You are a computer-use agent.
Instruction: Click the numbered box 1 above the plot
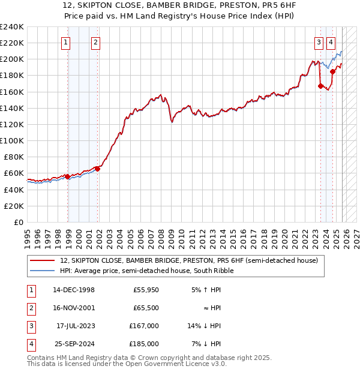click(65, 42)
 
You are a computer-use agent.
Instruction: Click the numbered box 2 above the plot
click(95, 42)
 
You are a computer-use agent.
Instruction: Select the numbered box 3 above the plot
click(318, 42)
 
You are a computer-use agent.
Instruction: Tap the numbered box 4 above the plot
click(331, 42)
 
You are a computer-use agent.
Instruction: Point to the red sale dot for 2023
click(320, 86)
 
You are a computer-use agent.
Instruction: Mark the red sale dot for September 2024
click(332, 71)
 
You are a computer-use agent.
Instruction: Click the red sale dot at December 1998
click(67, 176)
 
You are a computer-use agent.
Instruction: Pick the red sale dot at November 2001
click(98, 169)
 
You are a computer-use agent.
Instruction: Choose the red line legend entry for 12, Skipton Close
click(192, 260)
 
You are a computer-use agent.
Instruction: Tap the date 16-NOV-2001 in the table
click(74, 308)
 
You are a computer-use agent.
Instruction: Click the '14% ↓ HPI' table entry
click(205, 326)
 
